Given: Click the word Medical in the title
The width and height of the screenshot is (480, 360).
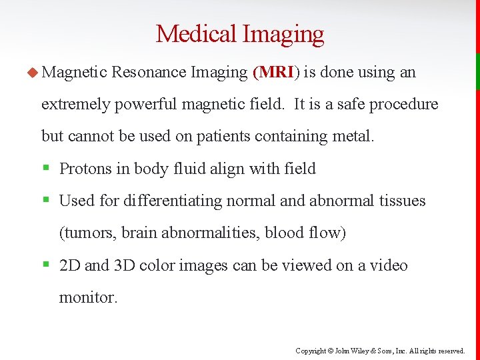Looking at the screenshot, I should (197, 33).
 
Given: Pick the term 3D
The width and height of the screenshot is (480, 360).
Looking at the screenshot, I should (125, 265).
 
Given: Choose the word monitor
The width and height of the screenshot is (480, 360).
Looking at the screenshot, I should (87, 297).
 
